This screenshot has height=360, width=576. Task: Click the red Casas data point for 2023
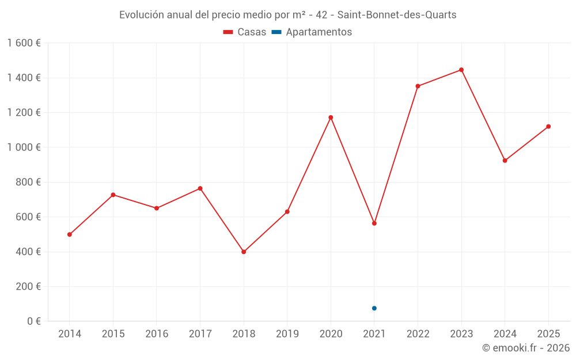coord(461,70)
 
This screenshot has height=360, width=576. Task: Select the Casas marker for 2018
coord(244,252)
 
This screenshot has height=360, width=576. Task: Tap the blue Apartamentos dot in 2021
coord(374,308)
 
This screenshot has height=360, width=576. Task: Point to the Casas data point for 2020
coord(331,118)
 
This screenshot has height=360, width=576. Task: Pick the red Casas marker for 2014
coord(70,234)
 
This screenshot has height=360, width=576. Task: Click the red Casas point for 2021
coord(374,223)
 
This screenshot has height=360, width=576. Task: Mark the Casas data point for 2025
coord(548,127)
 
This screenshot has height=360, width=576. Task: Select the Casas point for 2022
coord(418,86)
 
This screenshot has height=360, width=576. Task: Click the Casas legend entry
coord(245,32)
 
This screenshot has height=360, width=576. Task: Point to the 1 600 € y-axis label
coord(24,43)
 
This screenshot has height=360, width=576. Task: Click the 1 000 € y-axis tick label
coord(24,147)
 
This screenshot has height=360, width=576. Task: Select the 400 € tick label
coord(26,252)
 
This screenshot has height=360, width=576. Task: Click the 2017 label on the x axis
coord(200,334)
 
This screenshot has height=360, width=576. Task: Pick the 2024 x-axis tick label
coord(505,334)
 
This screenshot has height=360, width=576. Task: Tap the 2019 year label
coord(287,334)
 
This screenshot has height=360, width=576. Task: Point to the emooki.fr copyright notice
coord(526,348)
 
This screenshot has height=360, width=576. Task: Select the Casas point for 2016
coord(157,208)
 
